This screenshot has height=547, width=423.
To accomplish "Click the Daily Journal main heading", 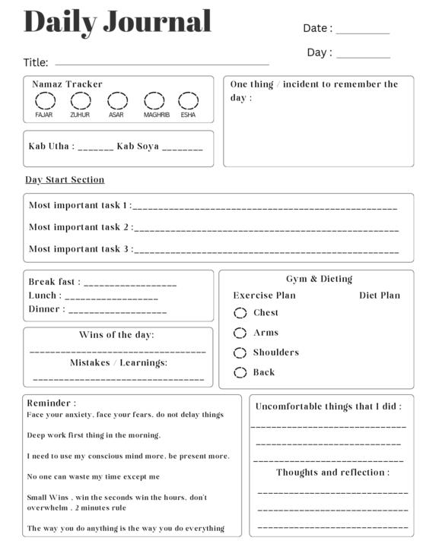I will pos(118,21).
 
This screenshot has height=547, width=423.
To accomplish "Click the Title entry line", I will pos(162,65).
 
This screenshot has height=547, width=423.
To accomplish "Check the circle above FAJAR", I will pos(44,101).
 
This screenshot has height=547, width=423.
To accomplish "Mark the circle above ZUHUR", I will pos(80,101).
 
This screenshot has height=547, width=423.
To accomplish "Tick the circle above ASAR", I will pos(117,101).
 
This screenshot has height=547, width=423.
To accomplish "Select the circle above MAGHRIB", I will pos(154,101).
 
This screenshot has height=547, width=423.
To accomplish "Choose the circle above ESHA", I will pos(188,101).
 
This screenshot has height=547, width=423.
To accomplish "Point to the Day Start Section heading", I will pos(65,180).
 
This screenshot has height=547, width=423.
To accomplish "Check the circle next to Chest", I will pos(240,313).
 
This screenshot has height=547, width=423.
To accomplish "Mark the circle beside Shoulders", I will pos(240,353).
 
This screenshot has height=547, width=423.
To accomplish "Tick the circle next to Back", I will pos(240,372).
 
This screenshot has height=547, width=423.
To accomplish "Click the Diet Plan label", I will pos(379,296).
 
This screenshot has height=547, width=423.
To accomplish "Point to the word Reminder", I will pos(50,403).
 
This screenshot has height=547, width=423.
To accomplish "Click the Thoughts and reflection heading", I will pos(332,473).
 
